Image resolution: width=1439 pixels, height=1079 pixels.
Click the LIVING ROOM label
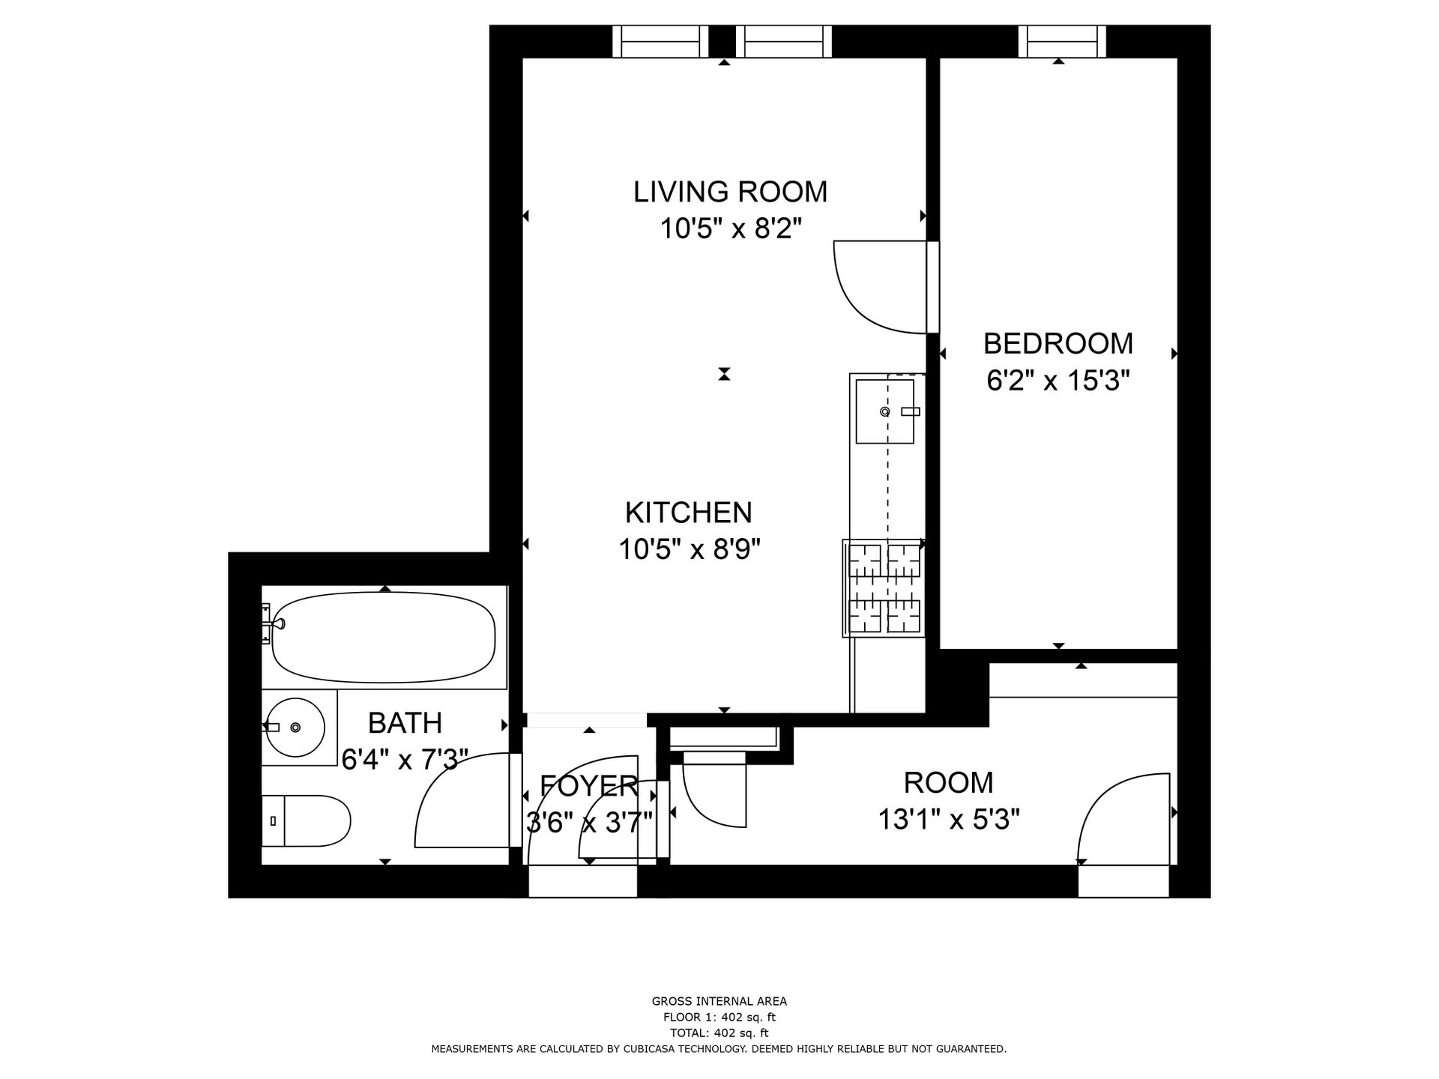coord(730,192)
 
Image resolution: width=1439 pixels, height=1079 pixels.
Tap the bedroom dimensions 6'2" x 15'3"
coord(1058,381)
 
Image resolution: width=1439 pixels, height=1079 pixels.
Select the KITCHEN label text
coord(688,513)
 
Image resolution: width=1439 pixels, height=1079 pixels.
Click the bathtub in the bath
coord(383,638)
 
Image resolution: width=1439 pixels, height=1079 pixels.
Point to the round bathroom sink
coord(294,727)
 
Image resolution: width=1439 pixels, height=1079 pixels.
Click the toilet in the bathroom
coord(307,821)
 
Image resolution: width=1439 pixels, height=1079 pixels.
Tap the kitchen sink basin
coord(884,411)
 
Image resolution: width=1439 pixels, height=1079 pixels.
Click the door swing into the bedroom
coord(877,288)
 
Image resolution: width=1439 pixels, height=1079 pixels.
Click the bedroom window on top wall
coord(1061,41)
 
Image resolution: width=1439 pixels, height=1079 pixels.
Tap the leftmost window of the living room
coord(660,41)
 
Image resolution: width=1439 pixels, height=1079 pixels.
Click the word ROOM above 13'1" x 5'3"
coord(948,782)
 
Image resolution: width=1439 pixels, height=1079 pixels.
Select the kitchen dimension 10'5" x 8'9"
coord(689,550)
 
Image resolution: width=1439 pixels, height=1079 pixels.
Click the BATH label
coord(405,723)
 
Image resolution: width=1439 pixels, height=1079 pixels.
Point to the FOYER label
coord(589,786)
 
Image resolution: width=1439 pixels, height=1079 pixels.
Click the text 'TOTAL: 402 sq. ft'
coord(719,1033)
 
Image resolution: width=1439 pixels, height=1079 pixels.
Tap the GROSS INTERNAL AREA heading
coord(719,1001)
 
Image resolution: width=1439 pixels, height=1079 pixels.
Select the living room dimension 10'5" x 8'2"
coord(731,229)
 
